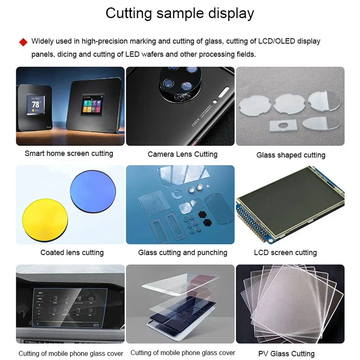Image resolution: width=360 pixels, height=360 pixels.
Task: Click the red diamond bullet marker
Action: point(23,42)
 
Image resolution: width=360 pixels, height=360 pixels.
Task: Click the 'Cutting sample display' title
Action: point(180,13)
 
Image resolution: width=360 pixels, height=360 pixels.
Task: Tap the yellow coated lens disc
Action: point(45,219)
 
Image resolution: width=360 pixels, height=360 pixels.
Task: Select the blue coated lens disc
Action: point(93,192)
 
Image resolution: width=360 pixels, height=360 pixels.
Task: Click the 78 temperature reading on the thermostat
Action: point(36,104)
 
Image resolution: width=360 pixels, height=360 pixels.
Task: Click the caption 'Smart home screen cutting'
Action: point(69,153)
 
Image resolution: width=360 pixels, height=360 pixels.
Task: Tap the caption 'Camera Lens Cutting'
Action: point(183,154)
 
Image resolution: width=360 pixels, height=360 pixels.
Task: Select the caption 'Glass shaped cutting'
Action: point(291,155)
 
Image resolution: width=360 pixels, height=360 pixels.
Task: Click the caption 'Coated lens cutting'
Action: point(72,252)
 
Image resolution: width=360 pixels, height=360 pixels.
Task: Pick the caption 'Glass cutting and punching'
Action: point(183,252)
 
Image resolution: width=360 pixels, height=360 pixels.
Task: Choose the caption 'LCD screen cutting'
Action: point(285,252)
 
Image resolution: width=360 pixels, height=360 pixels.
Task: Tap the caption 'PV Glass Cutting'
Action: point(286,354)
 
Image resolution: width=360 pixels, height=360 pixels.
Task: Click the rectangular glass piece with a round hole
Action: point(283,126)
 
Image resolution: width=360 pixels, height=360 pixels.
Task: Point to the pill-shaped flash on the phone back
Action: point(224,92)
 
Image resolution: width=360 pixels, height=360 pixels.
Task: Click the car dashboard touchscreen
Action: point(70,308)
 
